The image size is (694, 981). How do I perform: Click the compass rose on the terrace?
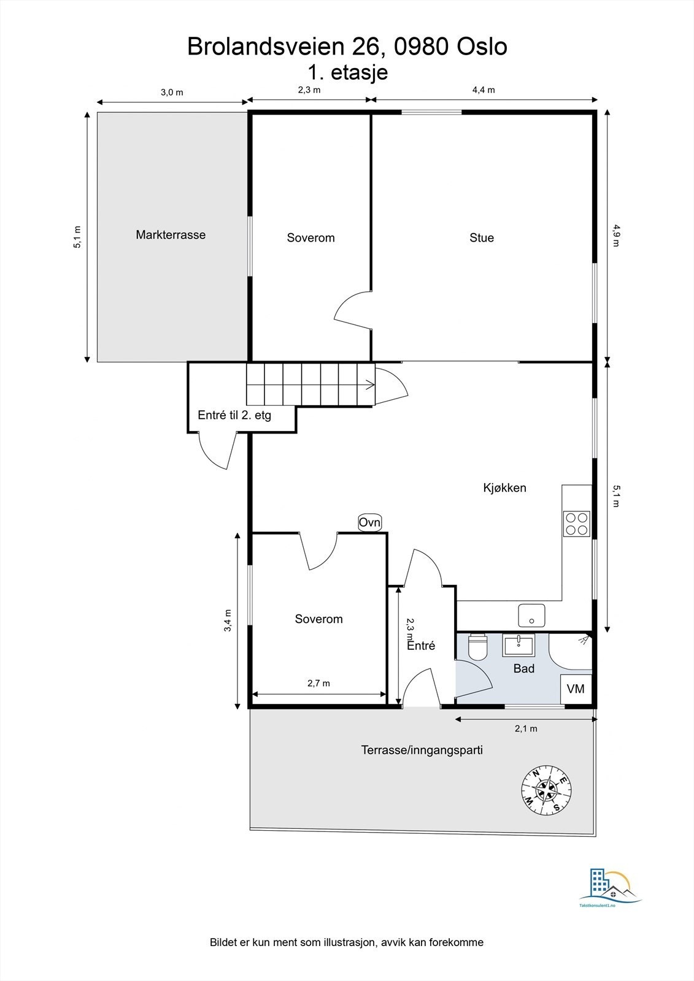click(x=546, y=790)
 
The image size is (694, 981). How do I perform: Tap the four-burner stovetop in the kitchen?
click(x=577, y=524)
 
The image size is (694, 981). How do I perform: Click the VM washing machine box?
click(x=576, y=689)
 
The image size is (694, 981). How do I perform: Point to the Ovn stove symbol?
click(x=369, y=522)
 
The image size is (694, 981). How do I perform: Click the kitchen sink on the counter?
click(x=531, y=616)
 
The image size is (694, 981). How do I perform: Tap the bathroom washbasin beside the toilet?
click(x=519, y=646)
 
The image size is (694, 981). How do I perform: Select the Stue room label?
click(x=481, y=238)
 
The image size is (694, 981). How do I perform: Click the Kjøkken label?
click(x=504, y=488)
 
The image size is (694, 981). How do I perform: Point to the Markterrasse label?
click(x=171, y=235)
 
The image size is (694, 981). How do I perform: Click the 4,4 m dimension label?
click(x=484, y=90)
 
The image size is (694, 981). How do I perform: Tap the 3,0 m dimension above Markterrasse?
click(x=172, y=93)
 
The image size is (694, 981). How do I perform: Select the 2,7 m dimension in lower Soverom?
click(x=318, y=683)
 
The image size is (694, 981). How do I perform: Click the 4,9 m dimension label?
click(x=616, y=235)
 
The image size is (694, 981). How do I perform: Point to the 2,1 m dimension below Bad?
click(x=526, y=728)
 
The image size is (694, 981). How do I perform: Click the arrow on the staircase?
click(x=369, y=385)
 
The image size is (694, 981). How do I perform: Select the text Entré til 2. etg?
click(x=234, y=415)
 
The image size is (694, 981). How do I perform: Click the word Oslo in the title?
click(x=482, y=47)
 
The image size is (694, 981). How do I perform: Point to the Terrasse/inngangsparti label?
click(x=422, y=750)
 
